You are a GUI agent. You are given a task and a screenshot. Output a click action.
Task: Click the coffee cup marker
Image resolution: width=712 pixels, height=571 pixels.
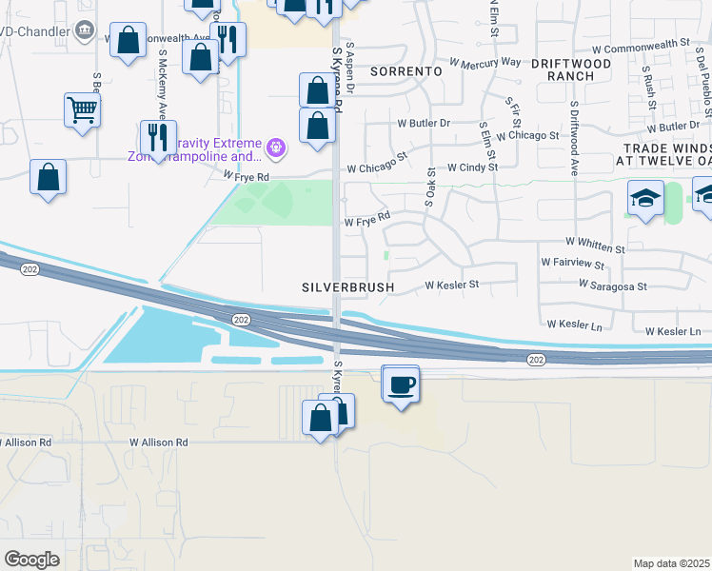[401, 384]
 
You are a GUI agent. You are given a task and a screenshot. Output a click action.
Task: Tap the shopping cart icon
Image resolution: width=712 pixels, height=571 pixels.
[83, 110]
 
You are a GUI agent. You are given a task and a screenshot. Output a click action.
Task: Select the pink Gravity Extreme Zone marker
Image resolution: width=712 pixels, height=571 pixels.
[276, 147]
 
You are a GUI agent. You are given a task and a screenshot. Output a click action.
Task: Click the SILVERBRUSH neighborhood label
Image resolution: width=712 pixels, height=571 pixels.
[346, 285]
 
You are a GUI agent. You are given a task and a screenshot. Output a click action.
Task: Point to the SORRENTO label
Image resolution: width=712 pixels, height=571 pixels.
[405, 71]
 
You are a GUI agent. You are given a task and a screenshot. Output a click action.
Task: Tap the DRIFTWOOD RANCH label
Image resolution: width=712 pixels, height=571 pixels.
[569, 69]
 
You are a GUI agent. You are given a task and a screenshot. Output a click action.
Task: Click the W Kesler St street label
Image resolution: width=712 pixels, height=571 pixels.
[451, 285]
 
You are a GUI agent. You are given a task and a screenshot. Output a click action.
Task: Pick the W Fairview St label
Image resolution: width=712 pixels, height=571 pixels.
[573, 262]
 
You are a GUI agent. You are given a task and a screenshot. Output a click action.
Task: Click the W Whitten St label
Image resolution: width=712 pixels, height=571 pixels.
[594, 244]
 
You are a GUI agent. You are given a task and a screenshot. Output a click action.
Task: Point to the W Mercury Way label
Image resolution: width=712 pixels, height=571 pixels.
[485, 63]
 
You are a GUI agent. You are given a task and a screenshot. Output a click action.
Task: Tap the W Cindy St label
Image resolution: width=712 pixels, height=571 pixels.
[472, 167]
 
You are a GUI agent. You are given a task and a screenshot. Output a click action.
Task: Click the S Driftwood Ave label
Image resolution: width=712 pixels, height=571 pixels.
[574, 141]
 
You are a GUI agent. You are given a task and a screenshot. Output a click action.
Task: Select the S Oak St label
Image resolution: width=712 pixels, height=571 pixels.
[431, 186]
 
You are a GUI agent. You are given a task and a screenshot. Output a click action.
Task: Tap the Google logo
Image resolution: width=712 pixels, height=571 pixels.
[31, 559]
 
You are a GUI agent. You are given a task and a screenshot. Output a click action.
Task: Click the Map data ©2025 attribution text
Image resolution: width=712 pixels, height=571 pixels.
[672, 563]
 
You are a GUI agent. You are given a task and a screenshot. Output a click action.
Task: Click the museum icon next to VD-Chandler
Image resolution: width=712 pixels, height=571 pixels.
[85, 30]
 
